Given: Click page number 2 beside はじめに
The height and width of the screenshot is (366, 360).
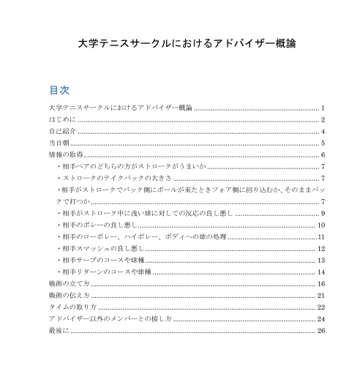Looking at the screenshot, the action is (323, 119).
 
